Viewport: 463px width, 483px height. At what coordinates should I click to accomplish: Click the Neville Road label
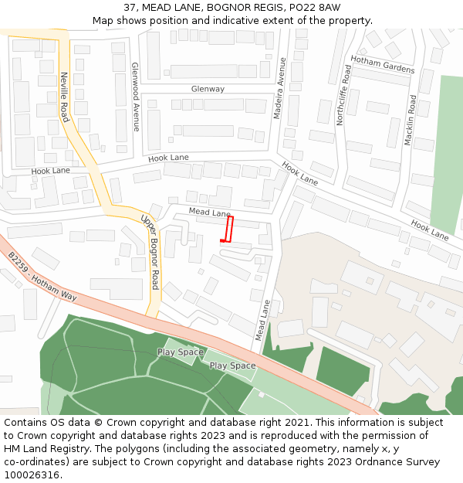click(64, 97)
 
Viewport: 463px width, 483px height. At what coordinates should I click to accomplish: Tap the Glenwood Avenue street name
click(135, 97)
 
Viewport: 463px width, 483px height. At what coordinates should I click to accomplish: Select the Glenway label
click(208, 89)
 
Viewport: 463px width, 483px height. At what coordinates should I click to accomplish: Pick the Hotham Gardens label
click(382, 64)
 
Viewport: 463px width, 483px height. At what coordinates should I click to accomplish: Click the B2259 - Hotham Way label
click(42, 276)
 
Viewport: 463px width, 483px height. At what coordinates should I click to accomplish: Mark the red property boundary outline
click(228, 230)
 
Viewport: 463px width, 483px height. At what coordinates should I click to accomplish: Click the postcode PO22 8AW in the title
click(319, 8)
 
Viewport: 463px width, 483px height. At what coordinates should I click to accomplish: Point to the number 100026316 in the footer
click(32, 475)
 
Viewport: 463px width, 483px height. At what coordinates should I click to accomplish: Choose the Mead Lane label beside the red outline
click(209, 213)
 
